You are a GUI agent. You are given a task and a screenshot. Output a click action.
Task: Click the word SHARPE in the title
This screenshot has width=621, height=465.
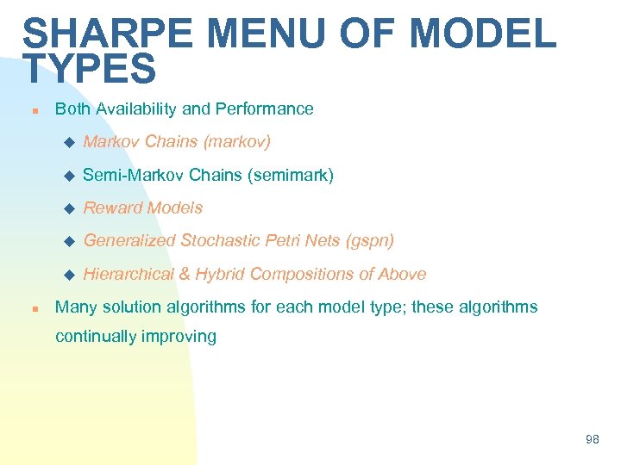click(x=109, y=34)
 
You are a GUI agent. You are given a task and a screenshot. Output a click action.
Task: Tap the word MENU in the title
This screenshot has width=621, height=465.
click(x=275, y=34)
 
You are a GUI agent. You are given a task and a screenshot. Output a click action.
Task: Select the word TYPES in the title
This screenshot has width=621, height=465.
click(x=90, y=69)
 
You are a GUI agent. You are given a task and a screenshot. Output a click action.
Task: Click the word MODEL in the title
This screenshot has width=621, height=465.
click(x=483, y=34)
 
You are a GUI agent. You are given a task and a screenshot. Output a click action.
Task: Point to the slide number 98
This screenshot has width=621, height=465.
click(x=592, y=439)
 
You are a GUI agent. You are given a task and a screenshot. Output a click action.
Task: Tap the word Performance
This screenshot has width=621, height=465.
click(x=264, y=108)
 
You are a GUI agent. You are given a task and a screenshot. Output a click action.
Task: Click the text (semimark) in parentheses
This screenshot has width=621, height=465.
click(x=290, y=175)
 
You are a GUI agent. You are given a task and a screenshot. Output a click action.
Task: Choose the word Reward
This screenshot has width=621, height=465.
click(x=112, y=208)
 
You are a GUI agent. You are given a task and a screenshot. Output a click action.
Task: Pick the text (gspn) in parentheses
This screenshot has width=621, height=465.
click(x=369, y=240)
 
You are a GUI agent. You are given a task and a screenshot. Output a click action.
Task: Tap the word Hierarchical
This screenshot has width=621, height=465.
click(x=127, y=274)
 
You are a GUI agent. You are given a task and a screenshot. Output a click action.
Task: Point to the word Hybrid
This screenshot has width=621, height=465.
click(x=219, y=274)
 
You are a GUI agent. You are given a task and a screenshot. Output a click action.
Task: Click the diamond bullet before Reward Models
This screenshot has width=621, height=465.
click(x=71, y=208)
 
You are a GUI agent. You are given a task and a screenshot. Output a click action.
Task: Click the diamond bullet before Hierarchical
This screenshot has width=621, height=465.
click(x=71, y=275)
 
